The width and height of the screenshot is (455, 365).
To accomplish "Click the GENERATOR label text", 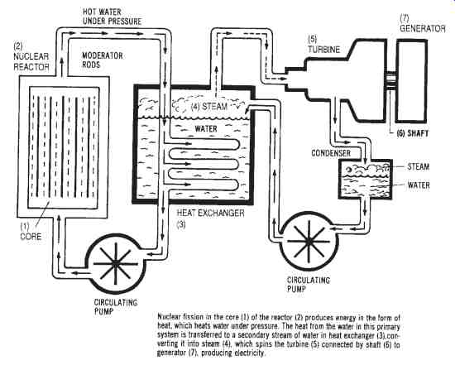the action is click(423, 28).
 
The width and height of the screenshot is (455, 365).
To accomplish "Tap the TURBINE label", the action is click(323, 50).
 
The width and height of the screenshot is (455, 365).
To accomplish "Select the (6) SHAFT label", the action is click(412, 133).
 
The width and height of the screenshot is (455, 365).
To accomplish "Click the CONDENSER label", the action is click(331, 153).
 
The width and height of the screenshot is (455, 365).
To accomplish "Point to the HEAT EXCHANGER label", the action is click(211, 214).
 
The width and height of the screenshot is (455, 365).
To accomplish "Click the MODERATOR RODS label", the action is click(103, 60).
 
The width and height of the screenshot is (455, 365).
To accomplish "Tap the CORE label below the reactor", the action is click(31, 237).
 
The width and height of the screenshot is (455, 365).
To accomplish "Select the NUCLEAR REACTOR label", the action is click(31, 61).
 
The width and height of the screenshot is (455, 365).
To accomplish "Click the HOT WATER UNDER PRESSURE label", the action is click(112, 17).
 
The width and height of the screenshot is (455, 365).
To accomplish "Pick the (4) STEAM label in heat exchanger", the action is click(209, 106).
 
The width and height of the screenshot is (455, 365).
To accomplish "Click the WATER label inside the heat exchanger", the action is click(206, 128).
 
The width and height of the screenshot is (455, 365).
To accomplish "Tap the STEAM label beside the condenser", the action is click(418, 166).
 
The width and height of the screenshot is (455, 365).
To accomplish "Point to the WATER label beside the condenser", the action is click(419, 185).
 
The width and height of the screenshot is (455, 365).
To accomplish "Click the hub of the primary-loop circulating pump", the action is click(116, 264).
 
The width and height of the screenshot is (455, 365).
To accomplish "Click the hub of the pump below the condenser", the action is click(309, 242).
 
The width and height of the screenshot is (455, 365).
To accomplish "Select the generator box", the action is click(411, 81).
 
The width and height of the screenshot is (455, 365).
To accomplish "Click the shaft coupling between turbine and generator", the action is click(390, 81).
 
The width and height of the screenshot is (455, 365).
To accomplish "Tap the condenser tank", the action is click(366, 179).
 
